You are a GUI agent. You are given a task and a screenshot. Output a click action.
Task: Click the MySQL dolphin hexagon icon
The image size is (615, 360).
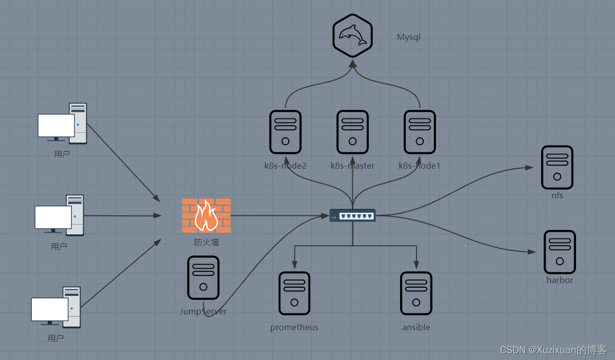pos(352,35)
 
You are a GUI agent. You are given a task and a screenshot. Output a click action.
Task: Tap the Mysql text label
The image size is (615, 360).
pos(409,37)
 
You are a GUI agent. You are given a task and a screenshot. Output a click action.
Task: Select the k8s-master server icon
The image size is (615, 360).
pos(352,132)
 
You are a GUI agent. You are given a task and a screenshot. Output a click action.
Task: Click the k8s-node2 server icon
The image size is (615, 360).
pos(285,132)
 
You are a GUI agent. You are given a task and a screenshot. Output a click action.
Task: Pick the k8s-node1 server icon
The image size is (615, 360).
pos(420,132)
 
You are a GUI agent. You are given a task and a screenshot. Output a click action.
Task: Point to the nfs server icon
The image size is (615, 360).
pos(557,167)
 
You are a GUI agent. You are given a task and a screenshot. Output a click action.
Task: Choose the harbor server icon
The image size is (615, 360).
pos(560,252)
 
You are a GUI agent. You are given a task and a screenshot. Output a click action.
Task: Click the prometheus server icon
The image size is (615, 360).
pos(294,293)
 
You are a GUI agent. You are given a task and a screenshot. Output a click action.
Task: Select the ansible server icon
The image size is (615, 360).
pos(416,293)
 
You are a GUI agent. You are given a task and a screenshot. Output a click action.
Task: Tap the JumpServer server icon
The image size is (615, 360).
pos(203,277)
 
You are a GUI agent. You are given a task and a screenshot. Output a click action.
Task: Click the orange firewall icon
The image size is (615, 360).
pos(206,215)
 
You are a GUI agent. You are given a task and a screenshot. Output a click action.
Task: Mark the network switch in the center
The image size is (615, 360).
pos(352,215)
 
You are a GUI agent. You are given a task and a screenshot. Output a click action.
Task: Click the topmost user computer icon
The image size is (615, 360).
pos(63,124)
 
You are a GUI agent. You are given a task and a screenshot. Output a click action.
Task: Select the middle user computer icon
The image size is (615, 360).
pos(59,215)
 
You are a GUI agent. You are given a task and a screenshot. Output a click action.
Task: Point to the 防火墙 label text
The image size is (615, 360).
pos(206,242)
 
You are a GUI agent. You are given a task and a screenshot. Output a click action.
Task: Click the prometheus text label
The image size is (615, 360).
pos(294,327)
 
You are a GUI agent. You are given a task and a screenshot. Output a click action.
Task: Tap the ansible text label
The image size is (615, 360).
pos(416,327)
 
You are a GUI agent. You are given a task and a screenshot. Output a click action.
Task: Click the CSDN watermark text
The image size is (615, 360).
pos(553,350)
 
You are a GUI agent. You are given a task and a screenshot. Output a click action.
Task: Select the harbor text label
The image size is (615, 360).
pos(560,280)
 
